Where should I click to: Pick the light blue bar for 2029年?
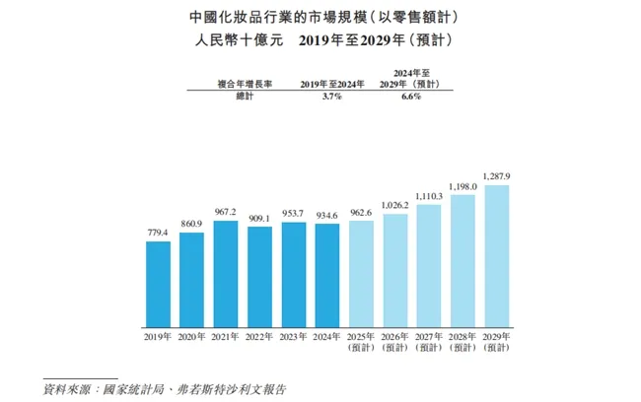[496, 255]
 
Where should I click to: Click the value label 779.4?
[158, 233]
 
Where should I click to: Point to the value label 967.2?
[226, 211]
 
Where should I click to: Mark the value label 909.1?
[259, 218]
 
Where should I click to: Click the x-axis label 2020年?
[191, 336]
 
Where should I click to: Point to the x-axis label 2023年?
[293, 336]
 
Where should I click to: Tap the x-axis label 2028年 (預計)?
[463, 341]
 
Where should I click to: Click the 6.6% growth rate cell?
[410, 97]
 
